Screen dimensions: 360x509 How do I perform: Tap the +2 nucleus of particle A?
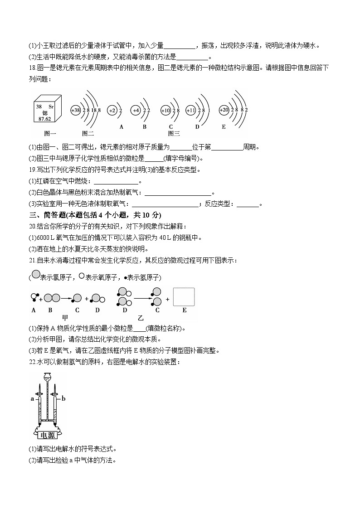[x=112, y=110]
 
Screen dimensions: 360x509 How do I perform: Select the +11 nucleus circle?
[x=190, y=110]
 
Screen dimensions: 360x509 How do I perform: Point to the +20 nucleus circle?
[x=224, y=110]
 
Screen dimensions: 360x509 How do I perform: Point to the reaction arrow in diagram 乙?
[x=143, y=298]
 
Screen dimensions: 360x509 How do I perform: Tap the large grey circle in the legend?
[x=34, y=276]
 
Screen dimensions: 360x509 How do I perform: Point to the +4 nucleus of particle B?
[x=136, y=110]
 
